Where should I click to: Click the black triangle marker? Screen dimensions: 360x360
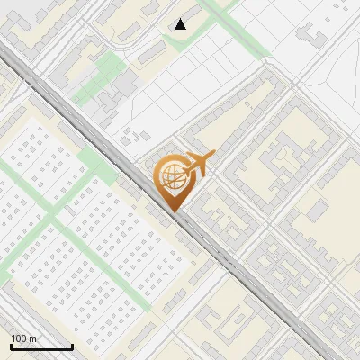(x=181, y=24)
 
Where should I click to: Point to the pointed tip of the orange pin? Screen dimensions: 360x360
(x=174, y=211)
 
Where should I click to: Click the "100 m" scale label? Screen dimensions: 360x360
(x=23, y=338)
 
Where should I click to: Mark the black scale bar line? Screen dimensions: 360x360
(x=41, y=347)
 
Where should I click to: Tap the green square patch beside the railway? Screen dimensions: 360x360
(x=94, y=163)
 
